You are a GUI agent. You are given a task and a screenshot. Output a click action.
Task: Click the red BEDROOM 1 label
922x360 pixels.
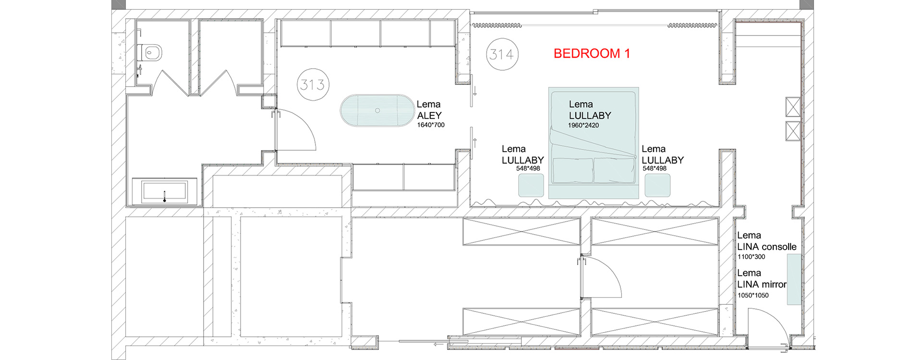[592, 53]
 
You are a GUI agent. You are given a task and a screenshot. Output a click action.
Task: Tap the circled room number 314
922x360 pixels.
[502, 54]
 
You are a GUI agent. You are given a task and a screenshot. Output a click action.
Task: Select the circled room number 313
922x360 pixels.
[313, 84]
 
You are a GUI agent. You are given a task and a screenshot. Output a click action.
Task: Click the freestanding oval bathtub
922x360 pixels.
[377, 111]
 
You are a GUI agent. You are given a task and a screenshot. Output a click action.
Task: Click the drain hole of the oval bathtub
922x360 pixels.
[377, 110]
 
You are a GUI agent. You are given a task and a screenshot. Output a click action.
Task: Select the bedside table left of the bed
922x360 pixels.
[531, 185]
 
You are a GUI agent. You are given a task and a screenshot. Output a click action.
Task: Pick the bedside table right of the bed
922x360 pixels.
[657, 185]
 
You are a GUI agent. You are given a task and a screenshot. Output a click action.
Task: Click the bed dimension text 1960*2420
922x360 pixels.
[583, 125]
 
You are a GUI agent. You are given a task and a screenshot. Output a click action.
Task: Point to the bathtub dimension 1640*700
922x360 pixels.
[431, 125]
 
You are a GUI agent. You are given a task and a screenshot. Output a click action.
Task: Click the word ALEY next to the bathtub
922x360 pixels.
[429, 116]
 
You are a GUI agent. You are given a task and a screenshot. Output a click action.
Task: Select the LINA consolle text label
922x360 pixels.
[767, 247]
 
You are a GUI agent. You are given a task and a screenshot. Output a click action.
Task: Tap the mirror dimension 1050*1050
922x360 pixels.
[753, 295]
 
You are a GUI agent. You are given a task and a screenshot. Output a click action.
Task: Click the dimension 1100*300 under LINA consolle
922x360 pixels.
[752, 257]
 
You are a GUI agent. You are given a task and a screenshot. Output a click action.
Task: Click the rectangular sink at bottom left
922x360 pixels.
[164, 191]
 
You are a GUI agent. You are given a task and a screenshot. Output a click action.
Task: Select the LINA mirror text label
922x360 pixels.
[762, 284]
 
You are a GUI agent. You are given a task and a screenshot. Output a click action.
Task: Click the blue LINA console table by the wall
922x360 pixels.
[794, 279]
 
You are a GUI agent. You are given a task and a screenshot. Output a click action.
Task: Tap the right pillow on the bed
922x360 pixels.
[614, 170]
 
